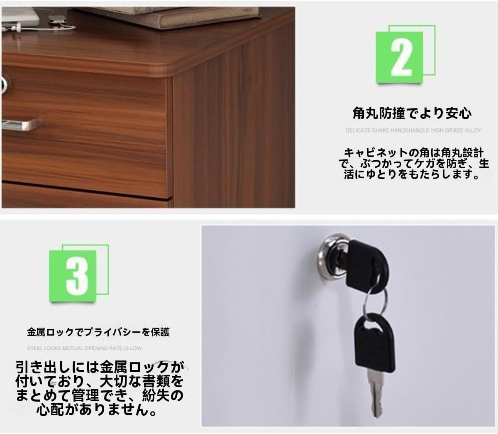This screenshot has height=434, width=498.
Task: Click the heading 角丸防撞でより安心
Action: pyautogui.click(x=412, y=113)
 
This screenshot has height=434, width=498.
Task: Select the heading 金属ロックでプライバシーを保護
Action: pyautogui.click(x=98, y=332)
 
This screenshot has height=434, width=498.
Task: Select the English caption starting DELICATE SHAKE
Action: pyautogui.click(x=413, y=130)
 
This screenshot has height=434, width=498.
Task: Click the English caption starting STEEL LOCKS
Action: pyautogui.click(x=84, y=348)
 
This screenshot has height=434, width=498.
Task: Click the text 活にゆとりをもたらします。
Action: pyautogui.click(x=411, y=174)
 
